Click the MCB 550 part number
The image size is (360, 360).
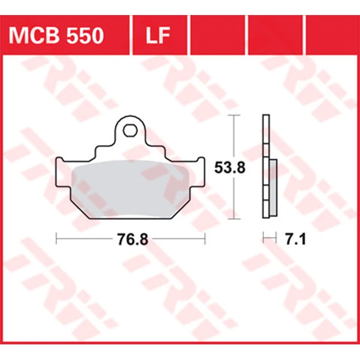56,35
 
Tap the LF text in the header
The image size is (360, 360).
158,35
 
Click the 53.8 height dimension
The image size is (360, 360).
230,167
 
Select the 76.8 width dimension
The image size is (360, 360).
133,239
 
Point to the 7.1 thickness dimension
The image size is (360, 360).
295,239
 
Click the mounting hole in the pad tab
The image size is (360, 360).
130,131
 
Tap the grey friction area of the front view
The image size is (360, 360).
131,189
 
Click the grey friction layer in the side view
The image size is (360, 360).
273,188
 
